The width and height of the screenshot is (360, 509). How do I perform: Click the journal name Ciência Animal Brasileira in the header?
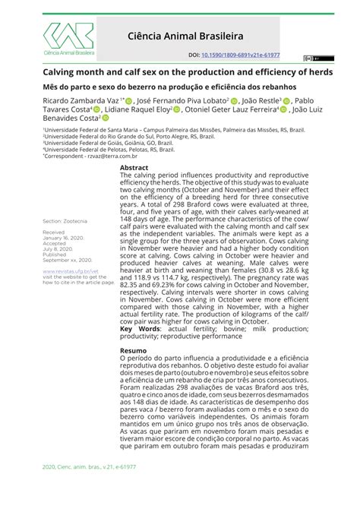tap(210, 35)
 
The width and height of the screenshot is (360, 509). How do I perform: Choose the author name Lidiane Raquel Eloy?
tap(140, 109)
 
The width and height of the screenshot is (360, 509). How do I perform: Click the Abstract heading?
tap(134, 166)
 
